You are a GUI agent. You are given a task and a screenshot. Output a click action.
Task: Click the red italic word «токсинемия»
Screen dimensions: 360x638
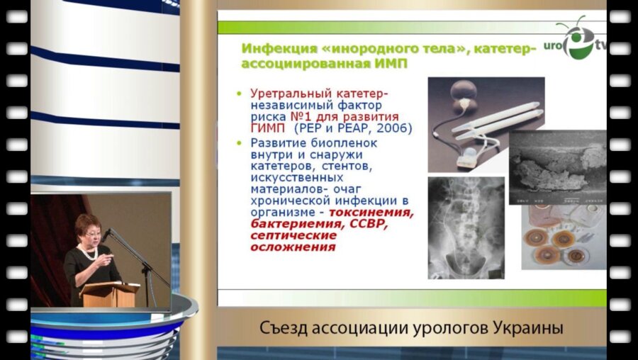coord(379,212)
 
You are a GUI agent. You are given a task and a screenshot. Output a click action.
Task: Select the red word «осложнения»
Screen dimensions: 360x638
coord(293,248)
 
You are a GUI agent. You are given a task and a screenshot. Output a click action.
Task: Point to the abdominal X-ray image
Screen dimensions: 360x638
coord(466,227)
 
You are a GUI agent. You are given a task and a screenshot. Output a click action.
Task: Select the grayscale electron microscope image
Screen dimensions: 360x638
coord(557,167)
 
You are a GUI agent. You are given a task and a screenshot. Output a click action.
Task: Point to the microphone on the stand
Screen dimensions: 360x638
coord(107,235)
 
